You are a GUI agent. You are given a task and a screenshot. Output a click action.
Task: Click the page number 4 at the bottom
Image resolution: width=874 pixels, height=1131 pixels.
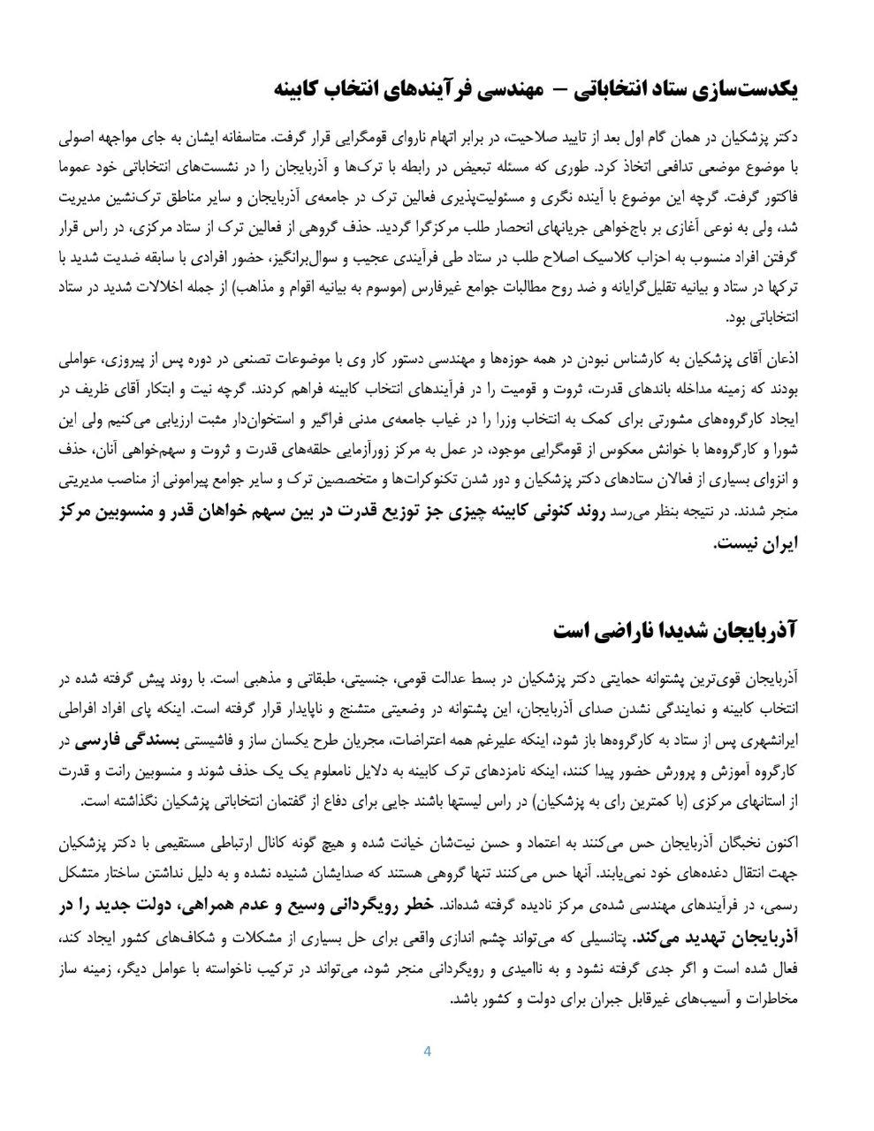(428, 1051)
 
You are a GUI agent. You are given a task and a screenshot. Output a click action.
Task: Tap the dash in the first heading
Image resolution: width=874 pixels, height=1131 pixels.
(558, 89)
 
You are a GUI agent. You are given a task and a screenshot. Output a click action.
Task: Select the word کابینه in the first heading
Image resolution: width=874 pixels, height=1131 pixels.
(300, 89)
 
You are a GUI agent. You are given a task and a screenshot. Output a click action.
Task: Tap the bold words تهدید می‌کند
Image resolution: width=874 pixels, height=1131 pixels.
(677, 936)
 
